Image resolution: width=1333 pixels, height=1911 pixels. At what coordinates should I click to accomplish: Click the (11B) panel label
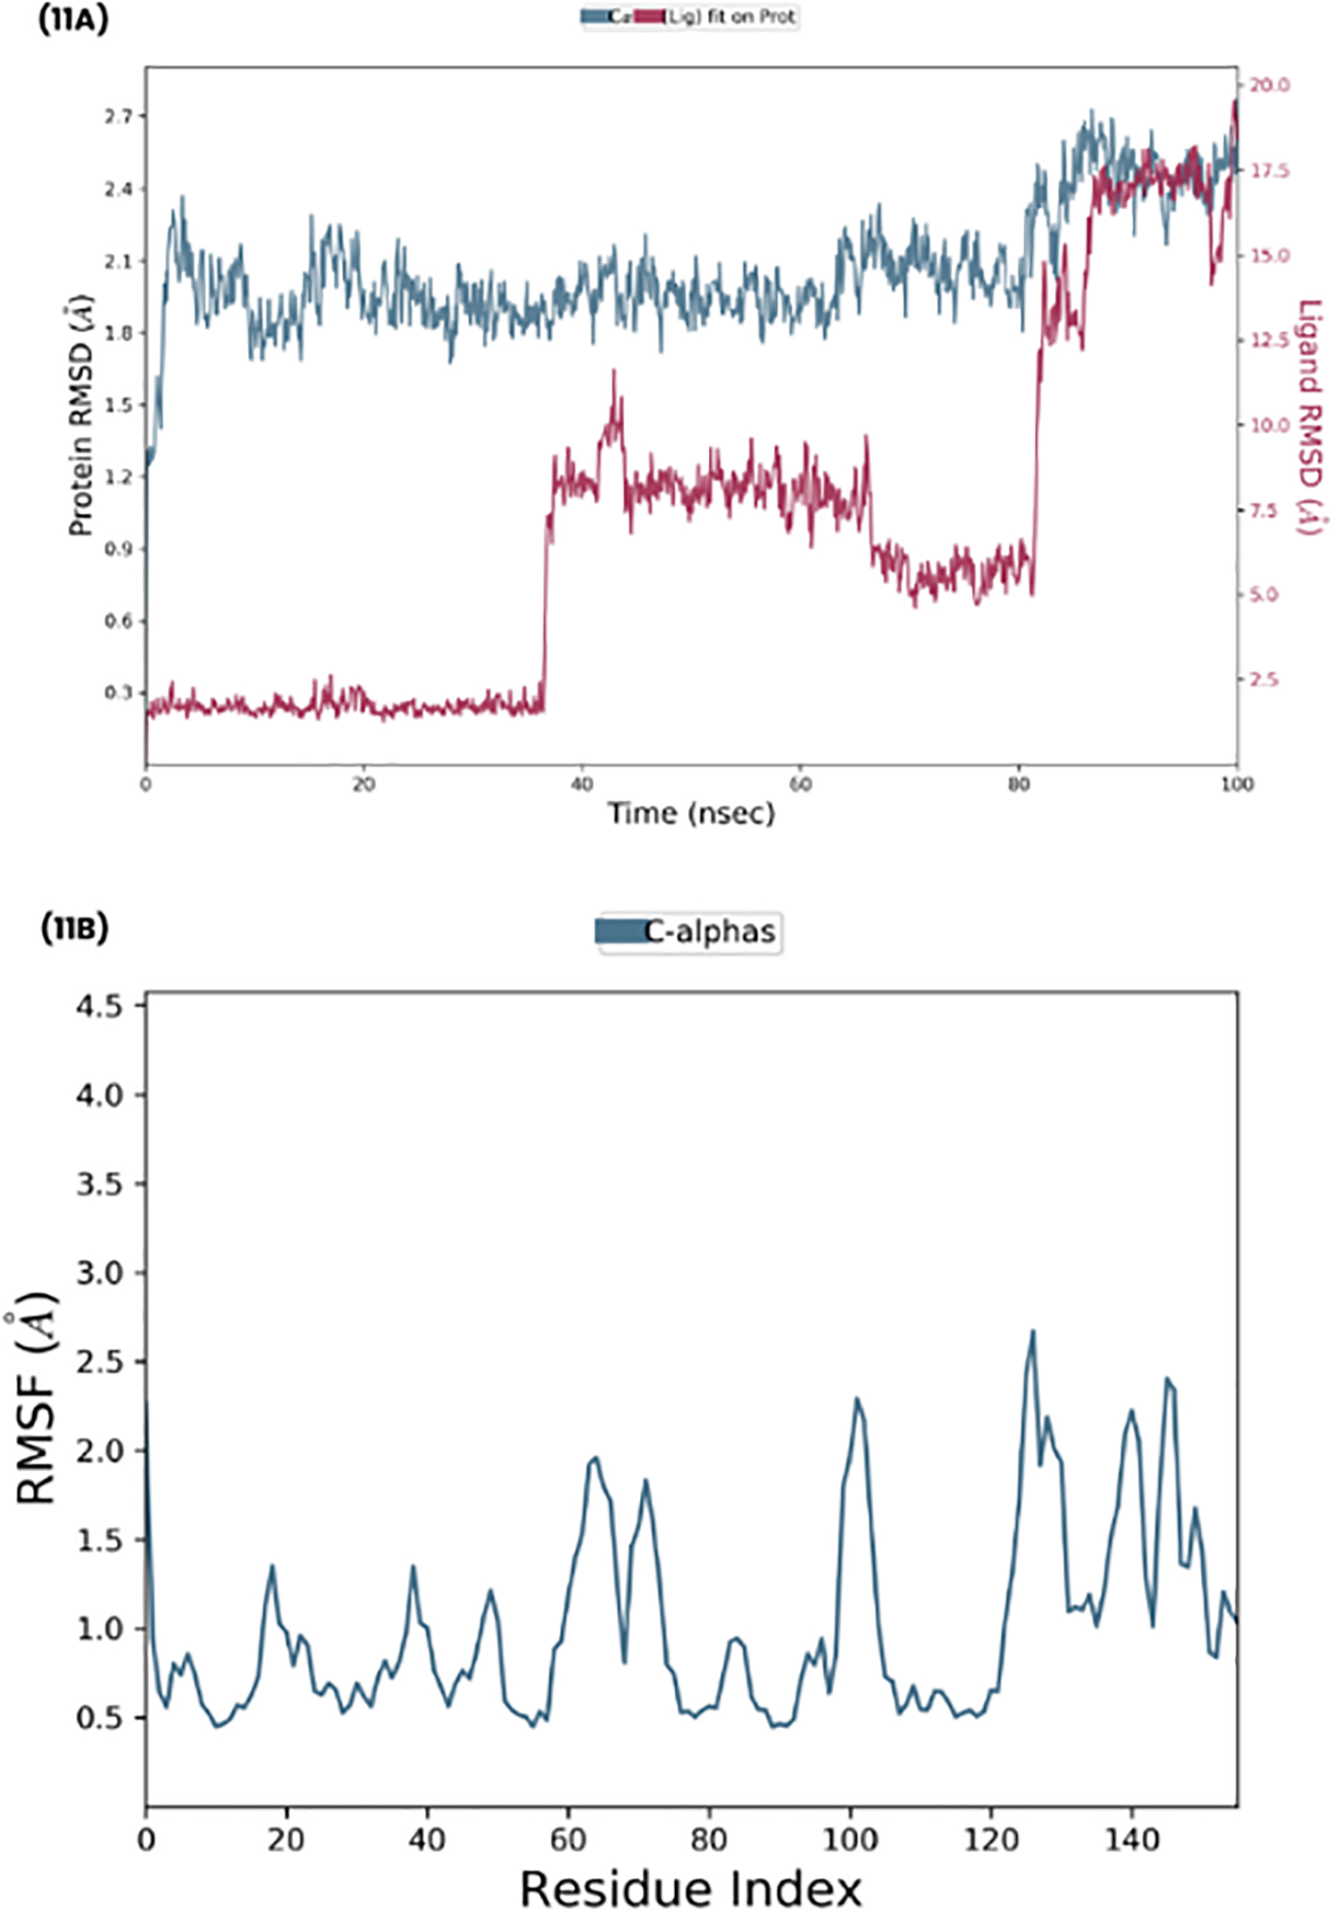[x=74, y=928]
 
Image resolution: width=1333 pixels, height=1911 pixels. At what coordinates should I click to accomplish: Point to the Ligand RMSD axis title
[x=1309, y=417]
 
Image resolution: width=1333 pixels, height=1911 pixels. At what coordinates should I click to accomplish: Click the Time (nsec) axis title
[x=691, y=813]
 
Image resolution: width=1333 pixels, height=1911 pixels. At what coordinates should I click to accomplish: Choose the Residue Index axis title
[x=691, y=1888]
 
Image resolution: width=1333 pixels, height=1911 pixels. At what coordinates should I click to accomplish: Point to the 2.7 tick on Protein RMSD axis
[x=119, y=116]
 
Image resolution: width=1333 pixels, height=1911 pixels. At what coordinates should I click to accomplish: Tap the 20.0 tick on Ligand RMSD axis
[x=1269, y=85]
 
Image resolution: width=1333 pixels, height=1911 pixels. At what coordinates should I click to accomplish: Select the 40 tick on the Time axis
[x=581, y=785]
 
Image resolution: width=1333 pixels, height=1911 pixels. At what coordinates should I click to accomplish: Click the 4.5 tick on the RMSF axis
[x=99, y=1006]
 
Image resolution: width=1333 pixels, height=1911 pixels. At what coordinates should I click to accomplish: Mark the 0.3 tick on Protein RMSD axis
[x=119, y=693]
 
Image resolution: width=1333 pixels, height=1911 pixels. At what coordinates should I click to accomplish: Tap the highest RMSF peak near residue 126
[x=1033, y=1331]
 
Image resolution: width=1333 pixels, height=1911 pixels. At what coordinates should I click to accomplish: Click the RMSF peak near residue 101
[x=857, y=1399]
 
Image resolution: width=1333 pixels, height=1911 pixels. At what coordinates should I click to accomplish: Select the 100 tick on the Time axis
[x=1237, y=785]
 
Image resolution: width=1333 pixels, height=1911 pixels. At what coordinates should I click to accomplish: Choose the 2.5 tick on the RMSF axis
[x=99, y=1362]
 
